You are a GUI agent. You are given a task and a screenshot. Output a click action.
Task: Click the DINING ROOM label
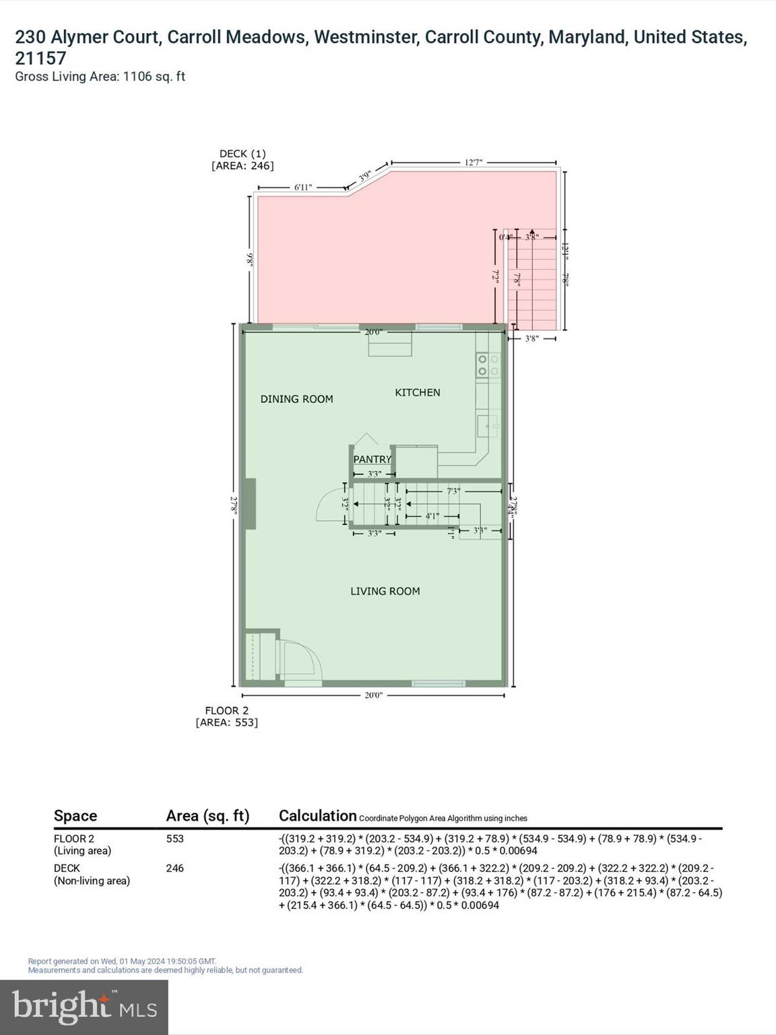(296, 399)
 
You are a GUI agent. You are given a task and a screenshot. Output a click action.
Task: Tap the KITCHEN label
(417, 392)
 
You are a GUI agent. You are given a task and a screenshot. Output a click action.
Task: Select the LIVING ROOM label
(385, 591)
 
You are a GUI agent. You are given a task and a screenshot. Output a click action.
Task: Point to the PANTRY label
(372, 459)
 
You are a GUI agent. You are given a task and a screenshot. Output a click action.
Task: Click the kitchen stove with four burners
(488, 365)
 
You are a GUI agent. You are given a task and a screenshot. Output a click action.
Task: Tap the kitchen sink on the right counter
(488, 426)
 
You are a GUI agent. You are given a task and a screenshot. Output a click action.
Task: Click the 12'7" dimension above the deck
(474, 162)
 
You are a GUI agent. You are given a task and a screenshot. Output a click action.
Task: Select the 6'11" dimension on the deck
(303, 187)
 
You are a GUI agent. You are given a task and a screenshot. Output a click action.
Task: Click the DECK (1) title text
(243, 154)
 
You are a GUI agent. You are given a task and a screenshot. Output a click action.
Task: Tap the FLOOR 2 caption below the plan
(226, 710)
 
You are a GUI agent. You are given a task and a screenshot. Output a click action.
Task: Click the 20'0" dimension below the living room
(373, 695)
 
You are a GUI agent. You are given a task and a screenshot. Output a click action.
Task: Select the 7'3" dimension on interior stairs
(453, 491)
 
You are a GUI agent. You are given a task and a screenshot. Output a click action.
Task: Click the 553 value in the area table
(174, 839)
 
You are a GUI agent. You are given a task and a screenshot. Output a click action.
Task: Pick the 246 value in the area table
(174, 869)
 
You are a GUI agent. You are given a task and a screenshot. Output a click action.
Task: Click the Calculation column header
(317, 815)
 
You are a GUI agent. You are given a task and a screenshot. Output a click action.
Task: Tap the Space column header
(75, 815)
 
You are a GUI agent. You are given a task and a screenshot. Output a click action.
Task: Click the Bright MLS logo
(84, 1007)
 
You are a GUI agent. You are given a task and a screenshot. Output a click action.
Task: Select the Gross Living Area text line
(100, 76)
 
